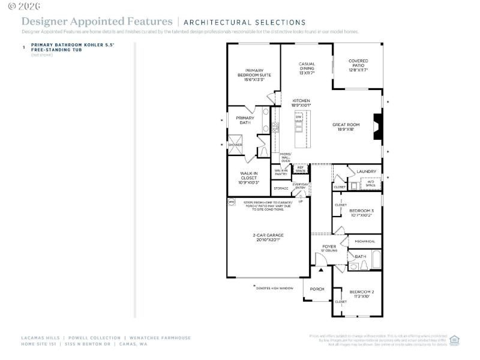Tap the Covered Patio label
358,65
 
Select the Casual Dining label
307,68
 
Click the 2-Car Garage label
268,237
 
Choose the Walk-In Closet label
250,178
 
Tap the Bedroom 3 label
362,212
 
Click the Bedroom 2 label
362,294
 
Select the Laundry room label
366,172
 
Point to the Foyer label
329,248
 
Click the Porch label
317,289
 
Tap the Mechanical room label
365,242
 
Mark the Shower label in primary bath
235,145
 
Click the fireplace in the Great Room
377,127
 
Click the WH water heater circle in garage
232,202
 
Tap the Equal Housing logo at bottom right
454,340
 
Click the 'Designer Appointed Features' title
97,22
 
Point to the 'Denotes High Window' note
274,288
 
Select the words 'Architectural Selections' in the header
244,22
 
